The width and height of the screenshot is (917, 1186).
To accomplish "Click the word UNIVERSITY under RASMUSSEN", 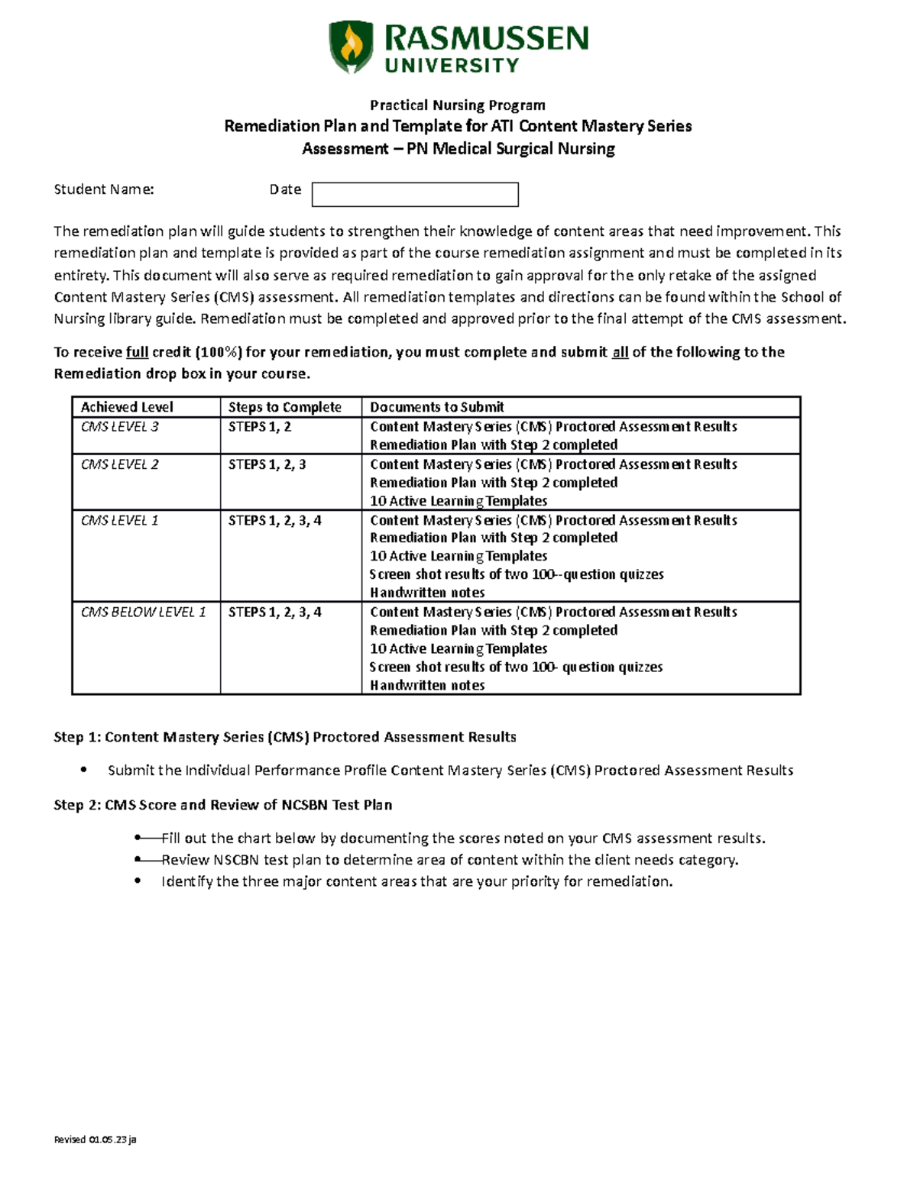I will click(452, 66).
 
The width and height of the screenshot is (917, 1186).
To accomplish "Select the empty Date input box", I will click(415, 194).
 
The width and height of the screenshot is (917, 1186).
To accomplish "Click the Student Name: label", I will click(104, 189).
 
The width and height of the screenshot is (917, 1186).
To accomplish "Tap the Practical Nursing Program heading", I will click(458, 105).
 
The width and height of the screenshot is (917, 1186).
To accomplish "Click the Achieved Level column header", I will click(127, 407).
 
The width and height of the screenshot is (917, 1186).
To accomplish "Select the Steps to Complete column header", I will click(284, 407).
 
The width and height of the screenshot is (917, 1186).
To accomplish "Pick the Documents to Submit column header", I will click(437, 407).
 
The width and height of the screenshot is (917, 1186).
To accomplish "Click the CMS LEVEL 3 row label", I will click(119, 426).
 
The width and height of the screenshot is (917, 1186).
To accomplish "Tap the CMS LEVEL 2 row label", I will click(119, 464).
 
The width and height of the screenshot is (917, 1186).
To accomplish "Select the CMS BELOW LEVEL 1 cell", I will click(143, 612).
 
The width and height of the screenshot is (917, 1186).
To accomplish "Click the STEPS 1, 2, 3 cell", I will click(267, 464).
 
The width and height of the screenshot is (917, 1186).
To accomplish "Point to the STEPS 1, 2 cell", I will click(259, 426).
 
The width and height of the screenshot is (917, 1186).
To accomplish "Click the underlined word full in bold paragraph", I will click(137, 352).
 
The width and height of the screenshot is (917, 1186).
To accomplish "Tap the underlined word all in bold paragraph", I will click(620, 352).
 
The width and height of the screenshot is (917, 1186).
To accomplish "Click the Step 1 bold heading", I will click(285, 737).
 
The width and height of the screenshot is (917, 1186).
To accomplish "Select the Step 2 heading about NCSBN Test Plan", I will click(222, 804).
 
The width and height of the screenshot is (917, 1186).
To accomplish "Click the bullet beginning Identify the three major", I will click(416, 881).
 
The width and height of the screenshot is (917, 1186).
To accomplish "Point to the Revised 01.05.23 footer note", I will click(95, 1139).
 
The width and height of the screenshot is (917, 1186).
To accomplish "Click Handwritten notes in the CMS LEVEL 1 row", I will click(427, 593).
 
